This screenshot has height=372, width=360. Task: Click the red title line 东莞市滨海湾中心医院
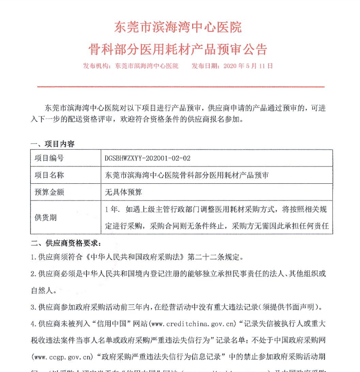point(178,27)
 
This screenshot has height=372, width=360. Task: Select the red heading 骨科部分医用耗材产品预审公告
point(178,48)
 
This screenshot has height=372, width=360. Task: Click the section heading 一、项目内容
point(52,144)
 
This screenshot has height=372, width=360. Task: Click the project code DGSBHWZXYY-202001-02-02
point(147,158)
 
